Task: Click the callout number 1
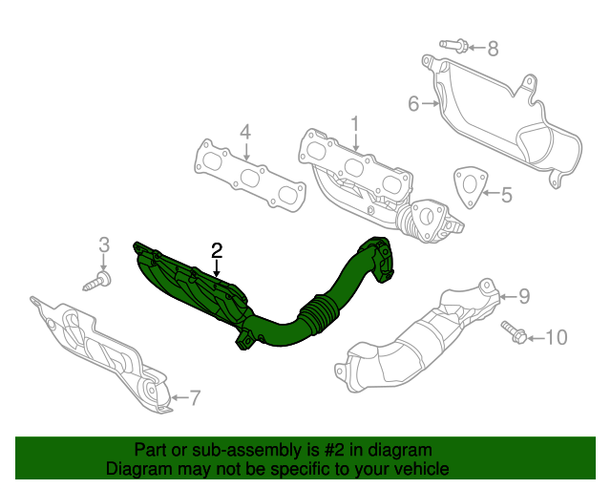[354, 124]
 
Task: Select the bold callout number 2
[217, 250]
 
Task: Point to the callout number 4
[244, 132]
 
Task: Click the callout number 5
[506, 196]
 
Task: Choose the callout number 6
[413, 102]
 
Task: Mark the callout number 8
[493, 48]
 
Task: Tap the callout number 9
[523, 295]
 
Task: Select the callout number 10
[556, 337]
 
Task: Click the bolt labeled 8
[454, 44]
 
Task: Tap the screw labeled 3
[99, 280]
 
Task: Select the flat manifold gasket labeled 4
[251, 178]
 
